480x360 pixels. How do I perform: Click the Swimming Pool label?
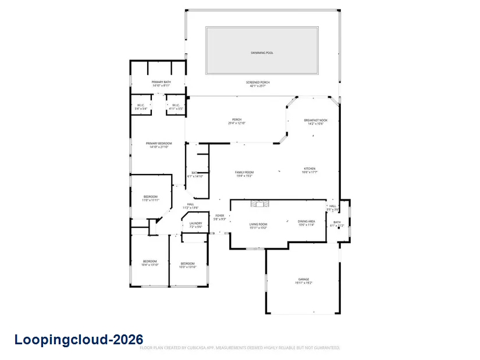click(262, 53)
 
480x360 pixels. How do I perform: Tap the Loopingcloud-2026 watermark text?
click(79, 339)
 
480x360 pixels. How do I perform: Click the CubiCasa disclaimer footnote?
click(240, 348)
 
